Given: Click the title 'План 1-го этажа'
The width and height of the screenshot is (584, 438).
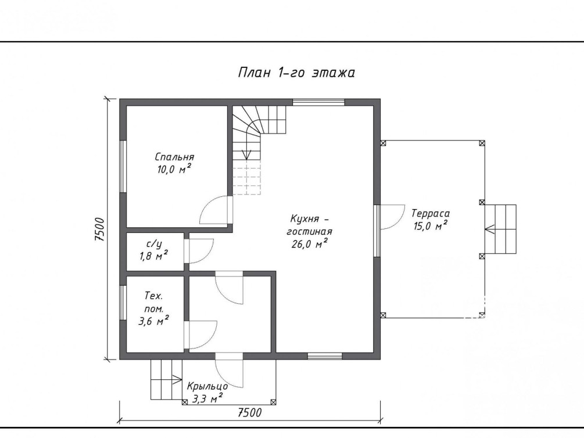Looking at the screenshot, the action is pos(296,72).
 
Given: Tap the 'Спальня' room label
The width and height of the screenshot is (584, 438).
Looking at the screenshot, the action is pos(174,157).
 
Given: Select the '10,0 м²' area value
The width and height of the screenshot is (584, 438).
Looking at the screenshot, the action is pos(174,169).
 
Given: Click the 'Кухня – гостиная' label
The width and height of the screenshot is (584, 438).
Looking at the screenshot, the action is pos(310,225).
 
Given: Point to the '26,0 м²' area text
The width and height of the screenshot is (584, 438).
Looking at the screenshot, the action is pos(310,243).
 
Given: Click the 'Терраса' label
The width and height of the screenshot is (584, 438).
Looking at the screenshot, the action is pos(430,213).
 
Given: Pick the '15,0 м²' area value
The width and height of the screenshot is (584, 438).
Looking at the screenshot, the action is pos(430,226).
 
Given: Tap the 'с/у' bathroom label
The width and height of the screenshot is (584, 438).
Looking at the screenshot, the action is pos(154,244).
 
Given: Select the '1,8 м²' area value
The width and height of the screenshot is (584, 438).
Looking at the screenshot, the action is pos(153,256).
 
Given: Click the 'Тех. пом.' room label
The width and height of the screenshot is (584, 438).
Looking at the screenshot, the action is pos(153,302).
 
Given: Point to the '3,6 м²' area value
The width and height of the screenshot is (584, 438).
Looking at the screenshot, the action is pos(153,321).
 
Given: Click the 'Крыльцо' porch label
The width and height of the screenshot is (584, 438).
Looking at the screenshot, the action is pos(207,386).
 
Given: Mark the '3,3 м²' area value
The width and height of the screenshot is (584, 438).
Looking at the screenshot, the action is pos(207,399).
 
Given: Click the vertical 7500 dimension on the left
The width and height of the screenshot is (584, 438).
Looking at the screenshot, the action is pos(100,229).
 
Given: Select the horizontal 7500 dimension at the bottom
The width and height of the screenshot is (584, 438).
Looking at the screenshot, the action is pos(249,412).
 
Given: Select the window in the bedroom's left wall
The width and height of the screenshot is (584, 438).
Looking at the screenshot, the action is pos(123,166).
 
